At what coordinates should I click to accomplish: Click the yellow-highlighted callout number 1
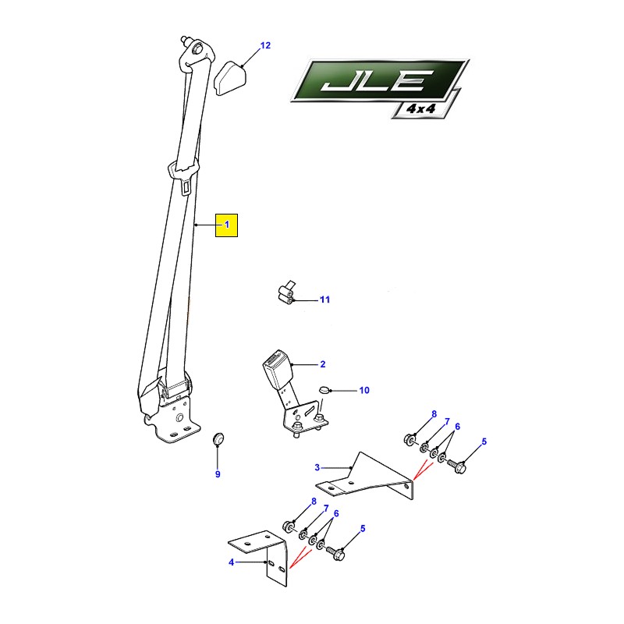[227, 225]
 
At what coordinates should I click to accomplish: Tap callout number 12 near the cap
[265, 45]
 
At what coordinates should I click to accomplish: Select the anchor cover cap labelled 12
[230, 79]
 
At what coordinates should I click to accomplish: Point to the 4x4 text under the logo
[420, 108]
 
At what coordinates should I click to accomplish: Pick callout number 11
[325, 300]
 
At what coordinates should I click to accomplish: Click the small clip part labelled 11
[286, 293]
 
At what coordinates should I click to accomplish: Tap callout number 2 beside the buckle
[322, 364]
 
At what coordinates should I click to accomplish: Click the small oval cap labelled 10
[324, 389]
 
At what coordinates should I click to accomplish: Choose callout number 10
[364, 391]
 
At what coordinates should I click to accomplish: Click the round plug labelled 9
[218, 438]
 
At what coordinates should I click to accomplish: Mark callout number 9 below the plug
[218, 474]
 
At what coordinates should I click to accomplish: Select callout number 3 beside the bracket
[317, 467]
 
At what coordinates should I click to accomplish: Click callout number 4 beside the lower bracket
[231, 562]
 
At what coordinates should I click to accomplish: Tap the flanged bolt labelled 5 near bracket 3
[457, 466]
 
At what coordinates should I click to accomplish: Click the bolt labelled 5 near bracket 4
[335, 553]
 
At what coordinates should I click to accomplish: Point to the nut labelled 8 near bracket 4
[288, 527]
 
